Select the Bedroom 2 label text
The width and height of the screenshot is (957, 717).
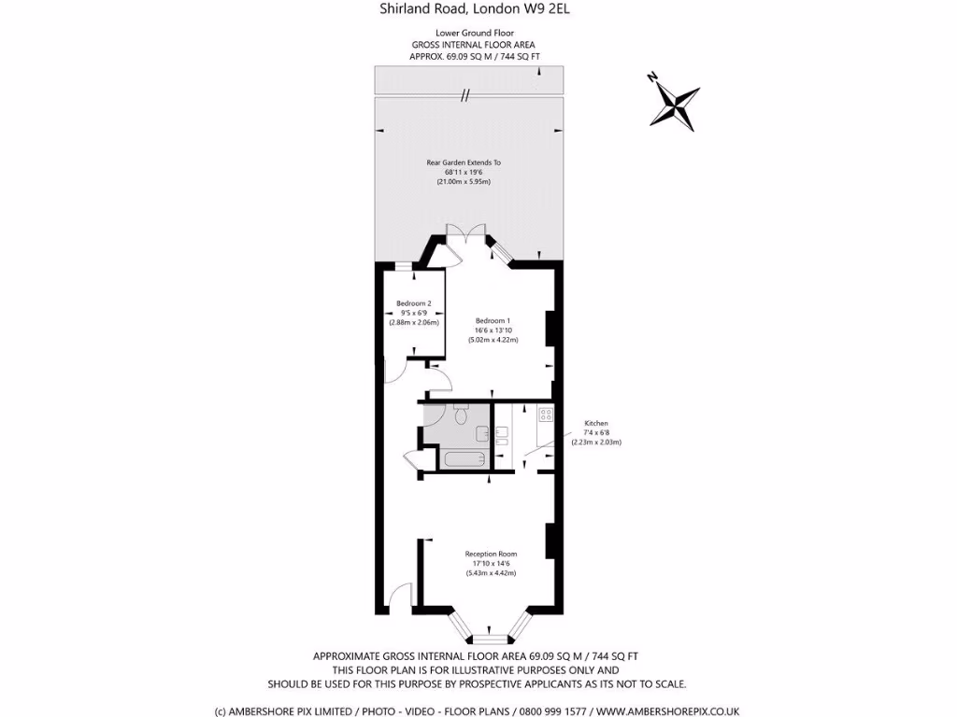click(413, 303)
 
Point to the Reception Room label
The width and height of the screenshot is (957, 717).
click(491, 554)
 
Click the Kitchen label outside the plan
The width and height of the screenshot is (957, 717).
click(596, 423)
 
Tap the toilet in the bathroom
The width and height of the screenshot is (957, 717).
click(460, 408)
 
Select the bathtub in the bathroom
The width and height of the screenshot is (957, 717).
click(464, 459)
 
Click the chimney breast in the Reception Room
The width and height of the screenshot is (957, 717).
click(551, 541)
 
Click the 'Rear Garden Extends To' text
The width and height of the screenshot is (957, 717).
click(464, 162)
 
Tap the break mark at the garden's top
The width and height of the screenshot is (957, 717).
click(464, 94)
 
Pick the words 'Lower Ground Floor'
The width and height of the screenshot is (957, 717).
click(474, 33)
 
